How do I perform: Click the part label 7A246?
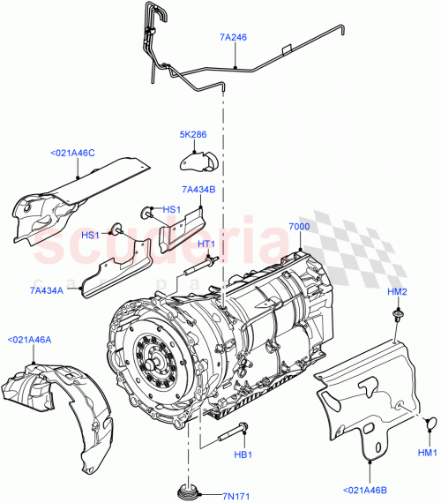tap(234, 38)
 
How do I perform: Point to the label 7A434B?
tap(198, 189)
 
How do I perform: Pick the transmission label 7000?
tap(300, 227)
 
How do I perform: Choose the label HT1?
tap(206, 244)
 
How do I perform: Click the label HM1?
tap(427, 453)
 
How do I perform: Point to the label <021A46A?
tap(30, 339)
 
